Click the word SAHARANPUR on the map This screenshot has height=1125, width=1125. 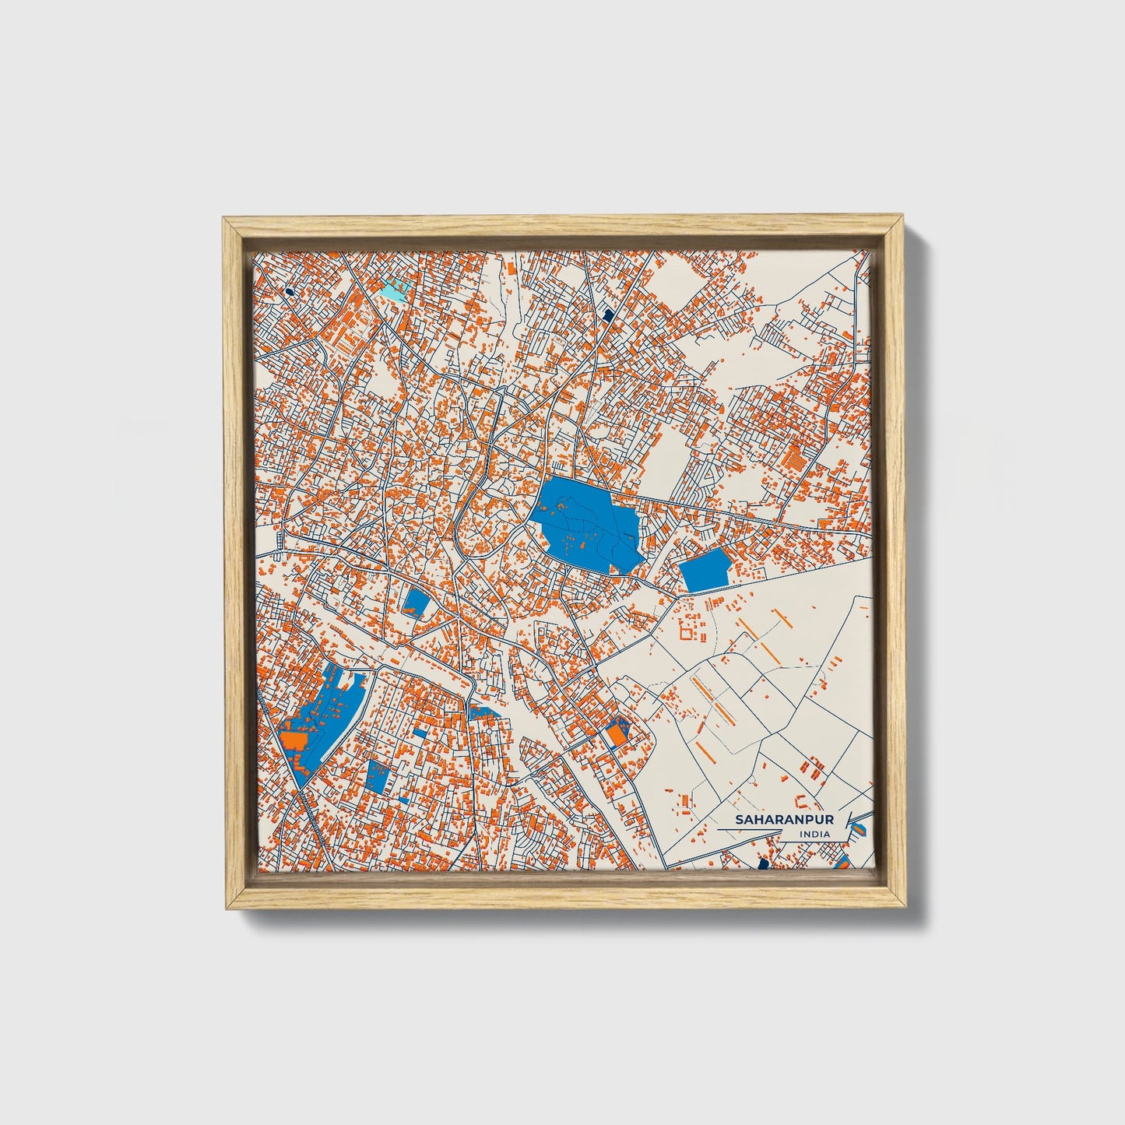[x=785, y=820]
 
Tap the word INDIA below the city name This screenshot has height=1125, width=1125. [x=814, y=835]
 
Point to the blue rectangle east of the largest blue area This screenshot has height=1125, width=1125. [x=705, y=570]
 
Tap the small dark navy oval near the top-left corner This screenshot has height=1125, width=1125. [x=289, y=291]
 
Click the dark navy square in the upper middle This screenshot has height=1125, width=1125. [x=608, y=315]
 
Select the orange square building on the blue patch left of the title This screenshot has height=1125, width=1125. [x=617, y=733]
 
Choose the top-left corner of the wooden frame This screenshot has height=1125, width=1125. [x=225, y=220]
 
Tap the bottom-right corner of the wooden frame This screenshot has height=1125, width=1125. [x=905, y=907]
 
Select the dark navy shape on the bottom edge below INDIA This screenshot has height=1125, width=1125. [x=763, y=864]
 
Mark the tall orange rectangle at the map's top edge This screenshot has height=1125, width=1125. [x=511, y=266]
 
